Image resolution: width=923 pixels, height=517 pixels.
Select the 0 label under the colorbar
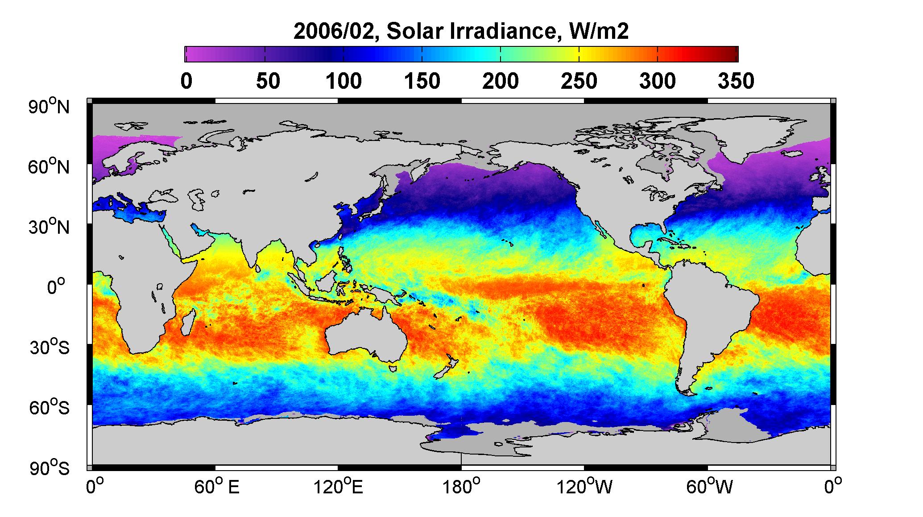[x=186, y=82]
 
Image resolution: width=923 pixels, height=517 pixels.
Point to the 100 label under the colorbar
[x=343, y=82]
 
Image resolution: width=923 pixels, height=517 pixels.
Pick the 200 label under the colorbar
[x=501, y=82]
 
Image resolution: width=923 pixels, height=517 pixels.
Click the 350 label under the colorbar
[x=737, y=82]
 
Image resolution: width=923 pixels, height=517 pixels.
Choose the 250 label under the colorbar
[x=579, y=82]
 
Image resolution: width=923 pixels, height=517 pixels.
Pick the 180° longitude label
[x=461, y=487]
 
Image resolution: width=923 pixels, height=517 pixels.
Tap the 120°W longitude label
[x=584, y=487]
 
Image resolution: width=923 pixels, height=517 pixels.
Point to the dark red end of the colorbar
[x=732, y=54]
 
